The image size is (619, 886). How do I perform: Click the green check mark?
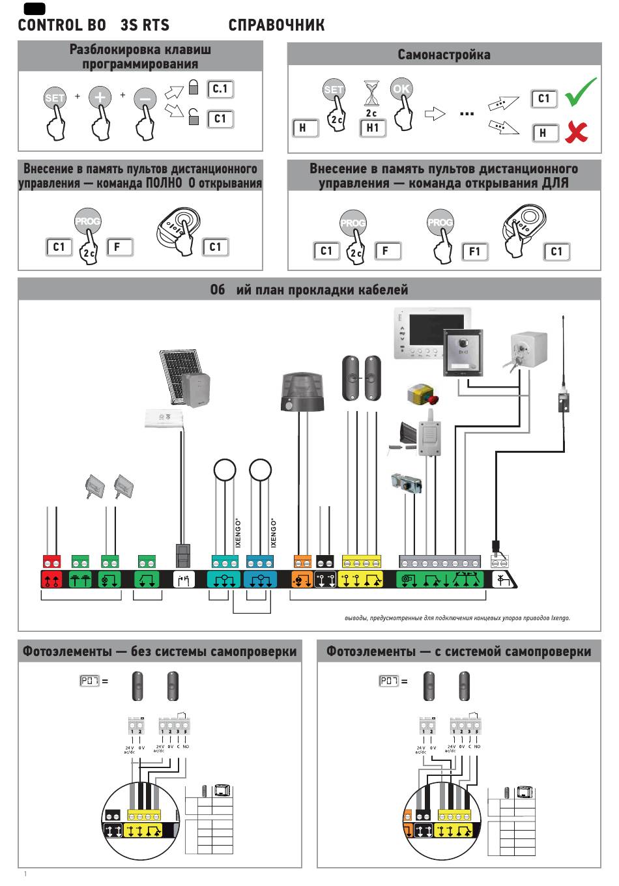pyautogui.click(x=581, y=93)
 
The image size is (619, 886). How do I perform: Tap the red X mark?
pyautogui.click(x=576, y=132)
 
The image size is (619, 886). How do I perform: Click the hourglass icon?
pyautogui.click(x=371, y=95)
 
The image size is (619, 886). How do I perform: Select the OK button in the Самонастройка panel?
pyautogui.click(x=401, y=89)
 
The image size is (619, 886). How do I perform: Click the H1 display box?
pyautogui.click(x=372, y=128)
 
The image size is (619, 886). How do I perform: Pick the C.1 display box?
pyautogui.click(x=220, y=89)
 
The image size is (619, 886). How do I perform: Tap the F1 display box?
pyautogui.click(x=474, y=252)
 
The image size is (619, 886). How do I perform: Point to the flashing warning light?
pyautogui.click(x=300, y=392)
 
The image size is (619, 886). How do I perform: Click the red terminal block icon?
pyautogui.click(x=51, y=579)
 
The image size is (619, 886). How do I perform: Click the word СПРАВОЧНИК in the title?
pyautogui.click(x=276, y=25)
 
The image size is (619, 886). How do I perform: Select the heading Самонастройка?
pyautogui.click(x=444, y=55)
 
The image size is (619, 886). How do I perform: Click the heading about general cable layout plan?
pyautogui.click(x=309, y=289)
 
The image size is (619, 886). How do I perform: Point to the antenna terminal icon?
pyautogui.click(x=501, y=579)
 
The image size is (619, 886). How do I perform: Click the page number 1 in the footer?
pyautogui.click(x=25, y=873)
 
